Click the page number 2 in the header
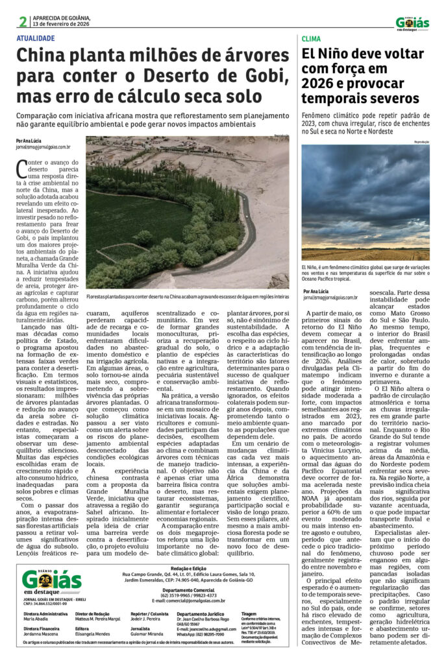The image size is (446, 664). point(23,21)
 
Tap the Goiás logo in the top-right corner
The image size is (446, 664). point(412,23)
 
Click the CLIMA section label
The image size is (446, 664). point(312,40)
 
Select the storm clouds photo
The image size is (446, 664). point(365,202)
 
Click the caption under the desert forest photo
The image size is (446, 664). point(188,296)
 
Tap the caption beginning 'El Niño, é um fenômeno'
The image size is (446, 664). point(365,270)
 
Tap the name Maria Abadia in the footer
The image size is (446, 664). point(36,618)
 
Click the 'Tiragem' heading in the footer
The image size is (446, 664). point(249,612)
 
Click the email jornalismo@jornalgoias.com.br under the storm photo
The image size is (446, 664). point(330,297)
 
